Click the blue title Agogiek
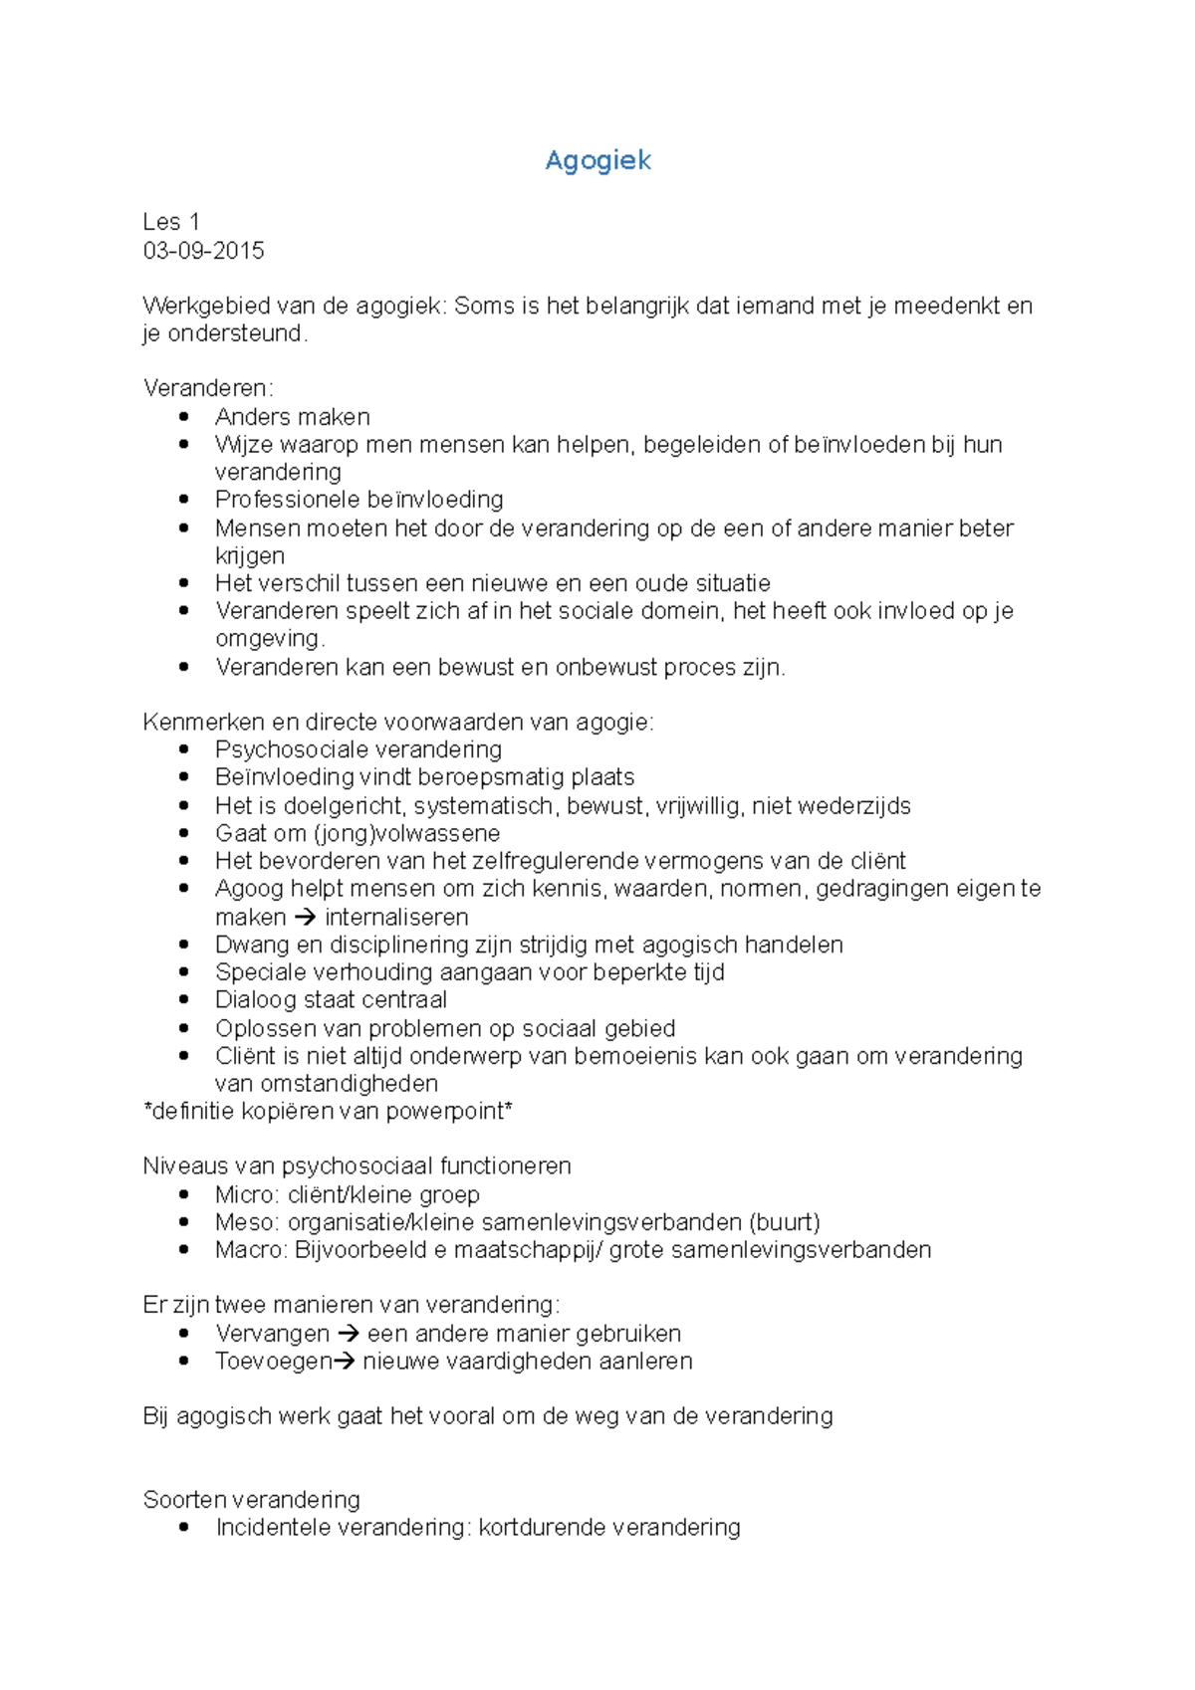597,160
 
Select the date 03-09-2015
203,251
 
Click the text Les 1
171,222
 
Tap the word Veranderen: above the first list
207,388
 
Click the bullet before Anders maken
184,416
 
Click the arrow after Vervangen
348,1334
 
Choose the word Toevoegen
273,1362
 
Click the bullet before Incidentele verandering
184,1527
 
